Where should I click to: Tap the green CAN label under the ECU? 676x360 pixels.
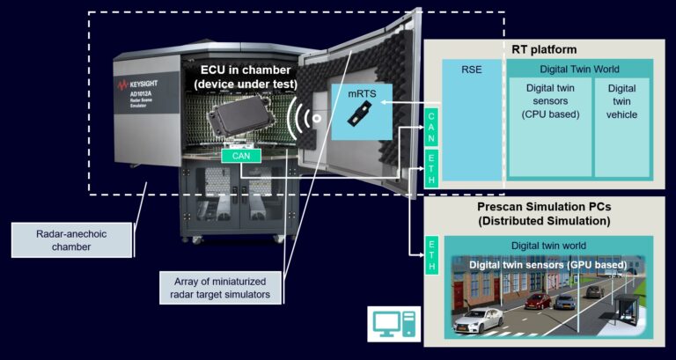coord(239,155)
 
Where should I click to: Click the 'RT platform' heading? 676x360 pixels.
coord(544,49)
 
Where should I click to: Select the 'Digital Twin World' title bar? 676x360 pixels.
coord(578,69)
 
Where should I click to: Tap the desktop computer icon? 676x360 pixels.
coord(390,323)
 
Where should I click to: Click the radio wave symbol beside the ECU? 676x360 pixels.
coord(303,115)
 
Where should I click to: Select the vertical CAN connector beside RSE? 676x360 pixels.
coord(431,128)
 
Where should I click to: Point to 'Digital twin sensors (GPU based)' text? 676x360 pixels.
coord(547,264)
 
